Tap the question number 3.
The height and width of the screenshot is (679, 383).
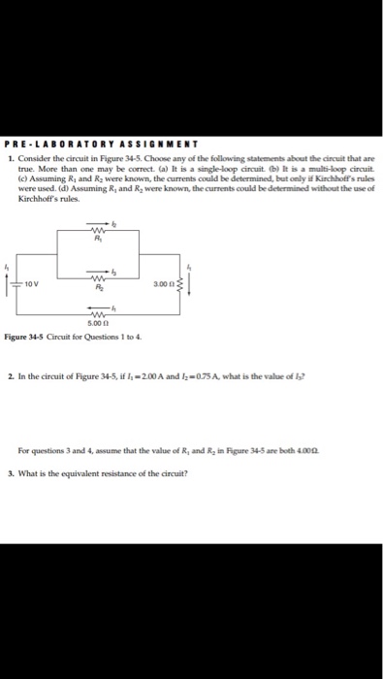(x=9, y=472)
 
